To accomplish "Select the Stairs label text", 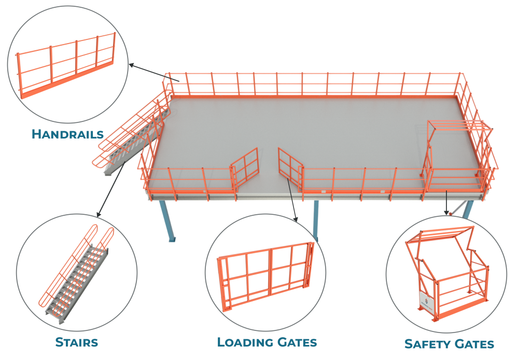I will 76,342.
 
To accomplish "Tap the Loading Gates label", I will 267,342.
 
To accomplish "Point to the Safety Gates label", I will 449,343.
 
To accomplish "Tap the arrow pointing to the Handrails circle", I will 153,73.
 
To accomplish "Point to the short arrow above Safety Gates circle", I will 446,202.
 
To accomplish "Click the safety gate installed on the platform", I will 456,156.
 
